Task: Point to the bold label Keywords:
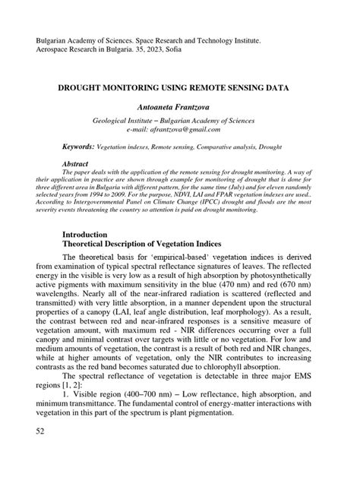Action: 78,144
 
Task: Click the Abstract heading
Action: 74,164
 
